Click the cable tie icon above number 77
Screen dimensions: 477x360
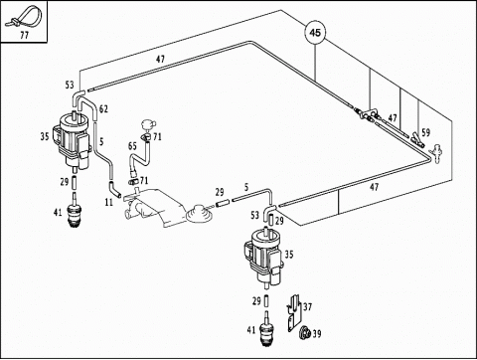pos(23,18)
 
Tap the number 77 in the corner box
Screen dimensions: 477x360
pos(24,35)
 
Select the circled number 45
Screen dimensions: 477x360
pos(315,33)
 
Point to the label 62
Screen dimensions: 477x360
pos(103,108)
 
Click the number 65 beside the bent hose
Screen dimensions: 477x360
pos(132,146)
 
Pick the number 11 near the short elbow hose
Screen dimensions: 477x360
pos(109,202)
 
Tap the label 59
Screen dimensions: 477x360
pos(425,132)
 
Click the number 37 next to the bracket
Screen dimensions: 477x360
pos(307,306)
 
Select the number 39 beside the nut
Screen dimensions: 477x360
pos(317,333)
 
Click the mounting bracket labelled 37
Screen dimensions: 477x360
pos(294,313)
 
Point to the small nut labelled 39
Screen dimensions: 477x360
pos(304,332)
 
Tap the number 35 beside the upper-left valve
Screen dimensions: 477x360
pos(45,136)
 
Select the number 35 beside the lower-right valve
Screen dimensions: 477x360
pos(289,255)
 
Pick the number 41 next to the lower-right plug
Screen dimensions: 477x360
pos(251,330)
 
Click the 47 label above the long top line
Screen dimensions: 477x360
pos(160,60)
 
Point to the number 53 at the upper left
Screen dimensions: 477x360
pos(70,85)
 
